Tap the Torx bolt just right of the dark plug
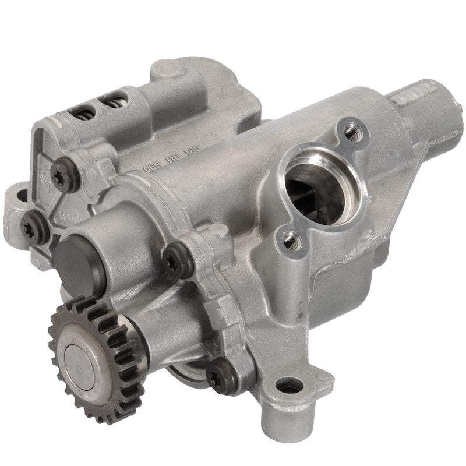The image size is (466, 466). (175, 263)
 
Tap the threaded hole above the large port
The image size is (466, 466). (350, 132)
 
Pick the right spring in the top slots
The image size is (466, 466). (114, 101)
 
